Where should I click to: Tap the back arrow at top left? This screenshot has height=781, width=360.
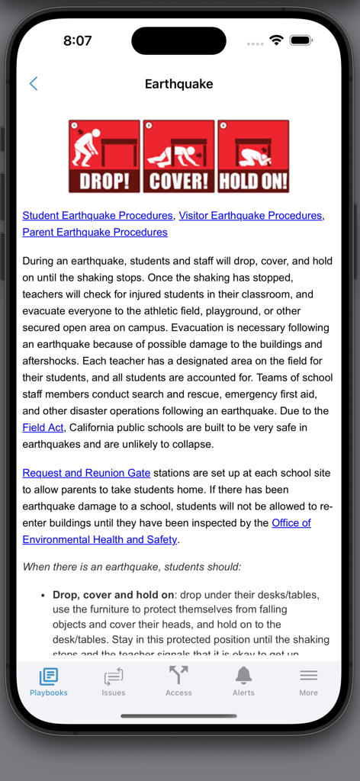point(33,84)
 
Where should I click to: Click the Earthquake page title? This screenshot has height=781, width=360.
point(179,84)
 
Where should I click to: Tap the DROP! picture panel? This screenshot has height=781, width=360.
point(104,156)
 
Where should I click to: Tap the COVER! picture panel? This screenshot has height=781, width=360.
point(178,156)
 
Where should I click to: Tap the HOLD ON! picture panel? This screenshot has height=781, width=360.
point(253,156)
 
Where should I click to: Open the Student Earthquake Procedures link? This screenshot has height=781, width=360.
point(98,216)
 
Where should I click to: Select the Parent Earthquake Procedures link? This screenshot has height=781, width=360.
point(95,232)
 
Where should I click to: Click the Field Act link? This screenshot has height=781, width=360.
point(43,427)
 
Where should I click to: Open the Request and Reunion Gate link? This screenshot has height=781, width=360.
point(86,473)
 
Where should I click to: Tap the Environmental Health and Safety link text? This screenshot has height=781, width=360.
point(100,539)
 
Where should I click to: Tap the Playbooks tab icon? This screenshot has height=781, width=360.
point(49,676)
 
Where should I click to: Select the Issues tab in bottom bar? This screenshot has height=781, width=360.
point(114,681)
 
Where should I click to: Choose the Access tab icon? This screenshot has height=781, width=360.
point(178,676)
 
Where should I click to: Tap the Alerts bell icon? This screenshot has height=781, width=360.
point(243,676)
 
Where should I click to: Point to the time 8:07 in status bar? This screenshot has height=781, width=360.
point(78,41)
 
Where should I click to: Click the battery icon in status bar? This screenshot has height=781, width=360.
point(301,40)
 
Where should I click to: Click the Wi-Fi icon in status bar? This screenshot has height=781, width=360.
point(276,40)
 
